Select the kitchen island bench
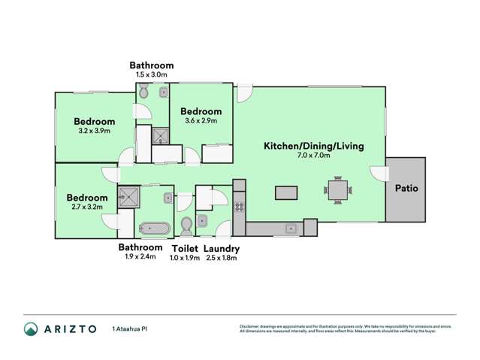click(286, 193)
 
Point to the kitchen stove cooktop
click(239, 203)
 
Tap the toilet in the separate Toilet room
click(185, 226)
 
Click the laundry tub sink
click(204, 220)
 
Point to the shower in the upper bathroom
click(161, 136)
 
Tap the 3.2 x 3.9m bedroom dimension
click(94, 131)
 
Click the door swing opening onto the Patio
click(378, 172)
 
